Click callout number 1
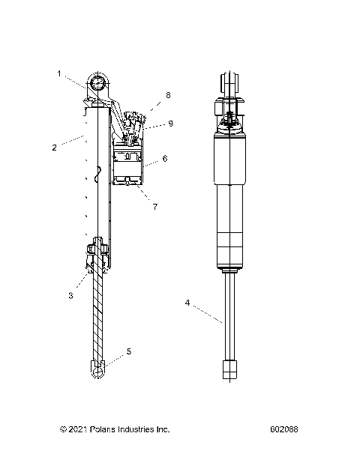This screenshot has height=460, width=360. point(59,73)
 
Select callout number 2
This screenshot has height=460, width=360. point(54,148)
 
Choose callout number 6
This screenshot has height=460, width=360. point(164,159)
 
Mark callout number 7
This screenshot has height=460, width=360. point(154,206)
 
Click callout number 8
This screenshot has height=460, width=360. point(168,95)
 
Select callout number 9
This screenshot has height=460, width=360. point(170,124)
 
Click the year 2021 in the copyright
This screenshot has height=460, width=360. point(78,430)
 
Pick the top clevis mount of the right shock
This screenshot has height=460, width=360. point(230,84)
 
